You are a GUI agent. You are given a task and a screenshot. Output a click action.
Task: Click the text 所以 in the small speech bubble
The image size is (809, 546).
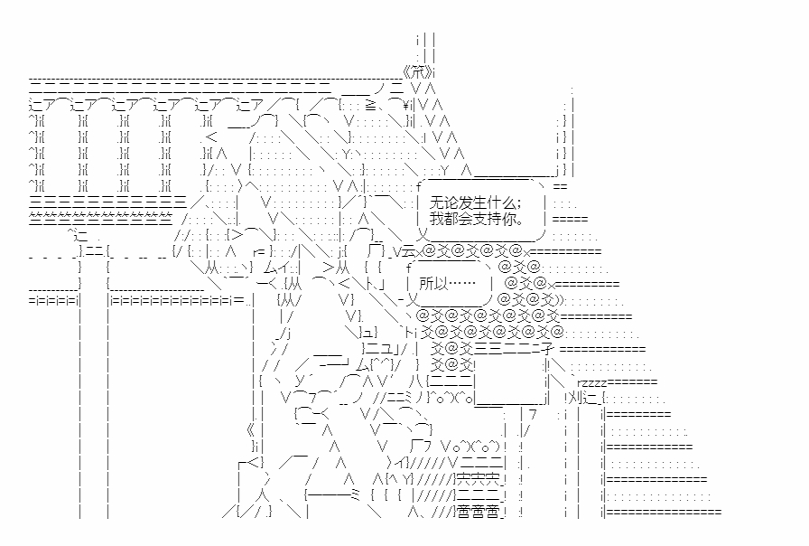pos(433,283)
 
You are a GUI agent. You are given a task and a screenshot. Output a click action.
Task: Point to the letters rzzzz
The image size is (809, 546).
pos(592,382)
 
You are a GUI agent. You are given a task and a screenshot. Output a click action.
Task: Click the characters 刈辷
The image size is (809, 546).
pos(582,399)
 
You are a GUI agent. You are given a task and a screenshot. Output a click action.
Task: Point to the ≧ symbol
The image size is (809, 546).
pos(370,106)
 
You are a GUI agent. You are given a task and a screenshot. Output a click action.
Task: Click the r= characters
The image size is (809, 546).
pos(259,252)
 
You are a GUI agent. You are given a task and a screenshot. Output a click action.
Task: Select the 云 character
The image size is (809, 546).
pos(407,251)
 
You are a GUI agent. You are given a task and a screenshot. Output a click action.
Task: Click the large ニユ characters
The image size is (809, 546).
pos(381,349)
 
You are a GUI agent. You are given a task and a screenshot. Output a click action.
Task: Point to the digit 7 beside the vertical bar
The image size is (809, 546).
pos(533,413)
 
